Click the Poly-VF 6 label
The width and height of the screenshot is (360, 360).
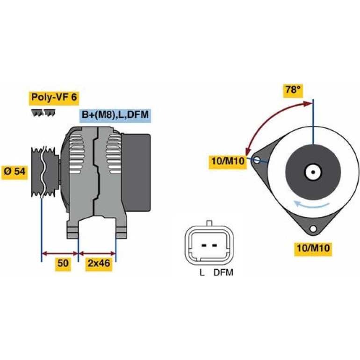click(x=54, y=98)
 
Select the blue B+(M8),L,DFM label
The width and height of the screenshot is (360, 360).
click(x=115, y=115)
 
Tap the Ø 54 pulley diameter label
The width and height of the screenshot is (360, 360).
click(x=14, y=171)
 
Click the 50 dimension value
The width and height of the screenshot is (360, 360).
click(x=63, y=263)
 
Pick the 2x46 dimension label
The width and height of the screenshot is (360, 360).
click(x=99, y=263)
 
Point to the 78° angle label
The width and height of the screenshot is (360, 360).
click(x=293, y=90)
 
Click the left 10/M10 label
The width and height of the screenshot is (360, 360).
click(x=228, y=161)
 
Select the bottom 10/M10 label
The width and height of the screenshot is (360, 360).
click(x=313, y=248)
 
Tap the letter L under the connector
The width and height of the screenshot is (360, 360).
click(x=202, y=273)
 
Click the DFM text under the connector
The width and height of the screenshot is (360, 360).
click(x=223, y=273)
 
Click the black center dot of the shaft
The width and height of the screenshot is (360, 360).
click(x=313, y=172)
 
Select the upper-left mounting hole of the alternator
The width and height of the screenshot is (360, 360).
click(x=257, y=160)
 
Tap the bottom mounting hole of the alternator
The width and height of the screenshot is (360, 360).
click(x=312, y=229)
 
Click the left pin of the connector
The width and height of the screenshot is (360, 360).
click(x=204, y=245)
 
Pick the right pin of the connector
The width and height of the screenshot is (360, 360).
click(x=215, y=245)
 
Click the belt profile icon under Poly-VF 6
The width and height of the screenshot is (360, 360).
click(x=43, y=113)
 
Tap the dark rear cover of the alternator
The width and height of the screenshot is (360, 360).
click(x=136, y=173)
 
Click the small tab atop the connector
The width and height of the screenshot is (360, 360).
click(x=209, y=223)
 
